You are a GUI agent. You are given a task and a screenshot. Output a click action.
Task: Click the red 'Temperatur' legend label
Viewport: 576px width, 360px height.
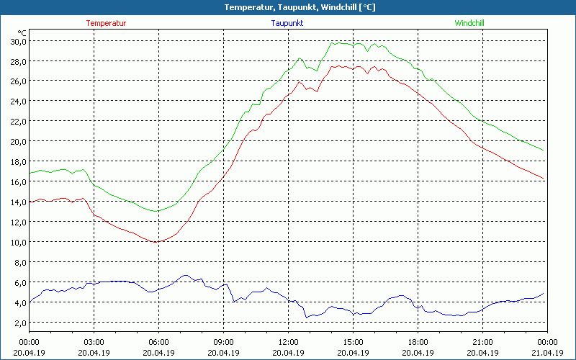106,23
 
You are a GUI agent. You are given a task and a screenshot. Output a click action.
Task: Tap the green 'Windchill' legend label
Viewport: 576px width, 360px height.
469,23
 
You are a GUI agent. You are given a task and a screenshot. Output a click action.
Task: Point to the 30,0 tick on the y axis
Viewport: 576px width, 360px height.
18,41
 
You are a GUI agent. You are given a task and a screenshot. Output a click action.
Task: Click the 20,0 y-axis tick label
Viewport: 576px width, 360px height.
18,141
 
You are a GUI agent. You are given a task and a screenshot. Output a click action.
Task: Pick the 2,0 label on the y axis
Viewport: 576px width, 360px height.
20,323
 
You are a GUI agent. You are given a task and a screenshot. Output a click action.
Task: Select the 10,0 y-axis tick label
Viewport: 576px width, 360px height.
18,242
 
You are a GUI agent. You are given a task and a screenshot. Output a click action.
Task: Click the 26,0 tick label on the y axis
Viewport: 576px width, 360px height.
18,81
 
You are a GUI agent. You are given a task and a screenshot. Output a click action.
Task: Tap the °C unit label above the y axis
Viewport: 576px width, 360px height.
22,32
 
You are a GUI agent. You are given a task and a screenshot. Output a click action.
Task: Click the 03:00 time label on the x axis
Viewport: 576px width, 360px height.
94,342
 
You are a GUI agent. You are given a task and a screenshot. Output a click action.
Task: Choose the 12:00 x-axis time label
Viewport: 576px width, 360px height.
288,342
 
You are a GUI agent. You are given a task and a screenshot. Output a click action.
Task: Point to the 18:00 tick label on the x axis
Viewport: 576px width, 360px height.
418,342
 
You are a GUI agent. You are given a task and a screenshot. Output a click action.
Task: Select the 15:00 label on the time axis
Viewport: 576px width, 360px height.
353,342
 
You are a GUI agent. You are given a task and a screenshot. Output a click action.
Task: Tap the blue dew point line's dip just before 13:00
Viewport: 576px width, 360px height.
306,317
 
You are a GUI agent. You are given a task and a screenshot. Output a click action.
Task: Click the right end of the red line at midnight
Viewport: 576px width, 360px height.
544,179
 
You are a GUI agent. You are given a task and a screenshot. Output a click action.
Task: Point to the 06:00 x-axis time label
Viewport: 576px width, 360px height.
158,342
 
